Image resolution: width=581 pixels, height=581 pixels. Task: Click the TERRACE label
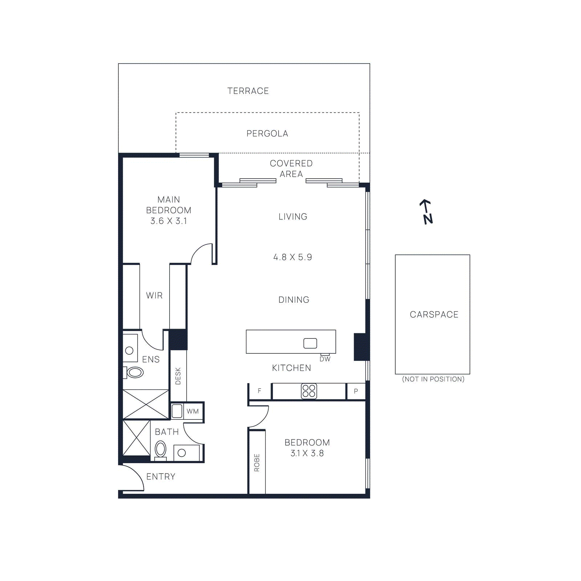pyautogui.click(x=248, y=91)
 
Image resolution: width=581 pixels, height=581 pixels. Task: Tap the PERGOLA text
pyautogui.click(x=267, y=134)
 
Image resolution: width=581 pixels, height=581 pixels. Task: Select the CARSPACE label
pyautogui.click(x=434, y=314)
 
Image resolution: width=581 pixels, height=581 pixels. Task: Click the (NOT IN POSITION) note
pyautogui.click(x=433, y=379)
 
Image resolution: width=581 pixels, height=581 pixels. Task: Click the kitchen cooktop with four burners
pyautogui.click(x=309, y=391)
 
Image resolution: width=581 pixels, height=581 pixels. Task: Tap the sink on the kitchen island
pyautogui.click(x=310, y=343)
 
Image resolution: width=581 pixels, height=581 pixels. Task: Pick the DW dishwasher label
pyautogui.click(x=325, y=359)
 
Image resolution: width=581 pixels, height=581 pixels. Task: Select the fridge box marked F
pyautogui.click(x=260, y=391)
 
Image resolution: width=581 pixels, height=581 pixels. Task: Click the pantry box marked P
pyautogui.click(x=356, y=391)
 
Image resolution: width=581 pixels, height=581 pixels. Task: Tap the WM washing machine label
pyautogui.click(x=193, y=411)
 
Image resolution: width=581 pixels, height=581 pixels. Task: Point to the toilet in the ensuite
pyautogui.click(x=135, y=372)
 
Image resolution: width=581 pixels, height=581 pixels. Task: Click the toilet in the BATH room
pyautogui.click(x=161, y=449)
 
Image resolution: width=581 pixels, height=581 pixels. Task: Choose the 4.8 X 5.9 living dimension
pyautogui.click(x=293, y=257)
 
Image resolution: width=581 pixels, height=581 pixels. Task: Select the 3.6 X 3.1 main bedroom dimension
pyautogui.click(x=169, y=221)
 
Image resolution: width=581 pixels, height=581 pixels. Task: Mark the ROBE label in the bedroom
pyautogui.click(x=257, y=463)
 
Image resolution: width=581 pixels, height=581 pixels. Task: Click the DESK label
pyautogui.click(x=178, y=376)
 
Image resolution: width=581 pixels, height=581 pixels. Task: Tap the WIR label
pyautogui.click(x=154, y=296)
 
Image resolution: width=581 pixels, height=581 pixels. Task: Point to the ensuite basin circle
pyautogui.click(x=129, y=350)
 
